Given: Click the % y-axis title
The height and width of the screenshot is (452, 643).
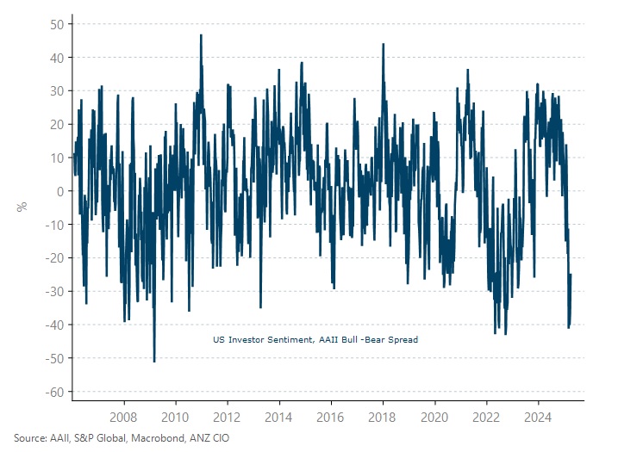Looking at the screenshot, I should (22, 206).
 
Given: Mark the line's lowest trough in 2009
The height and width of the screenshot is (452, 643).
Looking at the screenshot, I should (154, 361).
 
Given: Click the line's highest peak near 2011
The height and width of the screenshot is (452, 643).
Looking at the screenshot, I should (201, 35).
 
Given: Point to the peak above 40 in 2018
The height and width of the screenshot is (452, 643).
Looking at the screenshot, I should (383, 44).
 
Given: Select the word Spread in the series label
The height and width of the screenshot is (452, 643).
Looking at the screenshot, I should (403, 340).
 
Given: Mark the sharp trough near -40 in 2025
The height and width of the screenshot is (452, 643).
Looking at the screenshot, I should (569, 327).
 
